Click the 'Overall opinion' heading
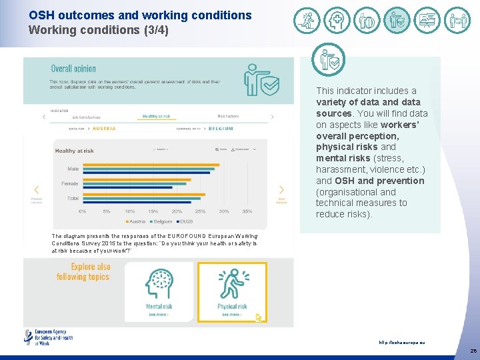point(73,69)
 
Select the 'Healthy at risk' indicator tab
point(156,117)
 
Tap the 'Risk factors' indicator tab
point(228,117)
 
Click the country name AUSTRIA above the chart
point(104,128)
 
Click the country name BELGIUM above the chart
point(221,128)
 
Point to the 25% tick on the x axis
point(200,211)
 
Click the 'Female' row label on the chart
point(70,183)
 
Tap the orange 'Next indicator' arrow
point(281,190)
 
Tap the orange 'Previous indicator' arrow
point(37,190)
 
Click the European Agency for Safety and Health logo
point(49,337)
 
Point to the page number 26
point(473,351)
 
